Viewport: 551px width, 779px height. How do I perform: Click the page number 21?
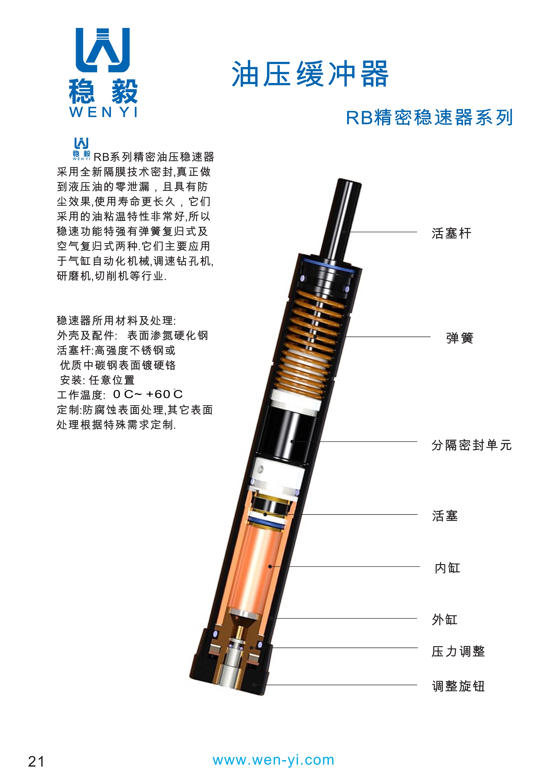tap(36, 762)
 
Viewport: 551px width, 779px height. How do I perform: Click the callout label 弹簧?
tap(460, 338)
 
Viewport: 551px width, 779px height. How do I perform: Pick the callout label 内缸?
tap(447, 568)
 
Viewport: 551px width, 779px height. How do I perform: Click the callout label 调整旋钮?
tap(458, 686)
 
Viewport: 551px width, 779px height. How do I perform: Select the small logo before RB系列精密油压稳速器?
tap(82, 149)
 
